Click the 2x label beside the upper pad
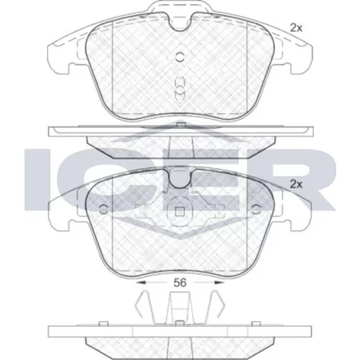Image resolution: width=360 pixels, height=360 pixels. click(296, 28)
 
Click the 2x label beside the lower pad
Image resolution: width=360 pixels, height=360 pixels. click(296, 184)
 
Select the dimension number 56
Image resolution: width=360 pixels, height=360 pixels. click(180, 283)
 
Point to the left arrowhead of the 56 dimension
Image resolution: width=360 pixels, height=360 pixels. click(141, 283)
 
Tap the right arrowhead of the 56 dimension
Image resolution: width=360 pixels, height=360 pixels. click(219, 283)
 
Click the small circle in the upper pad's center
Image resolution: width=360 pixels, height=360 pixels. click(179, 57)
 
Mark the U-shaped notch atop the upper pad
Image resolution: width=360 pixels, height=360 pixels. click(179, 23)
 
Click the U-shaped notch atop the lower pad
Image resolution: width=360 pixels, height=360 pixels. click(179, 179)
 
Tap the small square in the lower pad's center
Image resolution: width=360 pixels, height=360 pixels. click(179, 212)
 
